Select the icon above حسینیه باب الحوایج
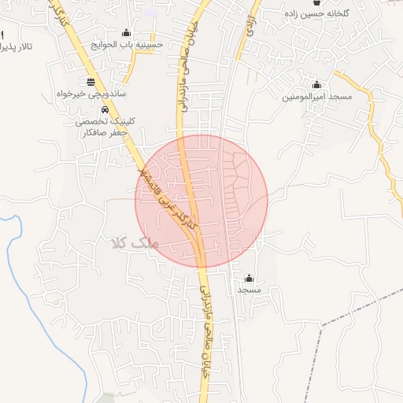(127, 32)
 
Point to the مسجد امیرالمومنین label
(316, 96)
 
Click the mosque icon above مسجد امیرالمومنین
(317, 84)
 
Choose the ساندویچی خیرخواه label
(91, 93)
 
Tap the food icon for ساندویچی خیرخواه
(91, 81)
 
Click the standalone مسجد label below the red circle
(250, 290)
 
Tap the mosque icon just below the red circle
(250, 278)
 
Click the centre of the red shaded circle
(202, 201)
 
